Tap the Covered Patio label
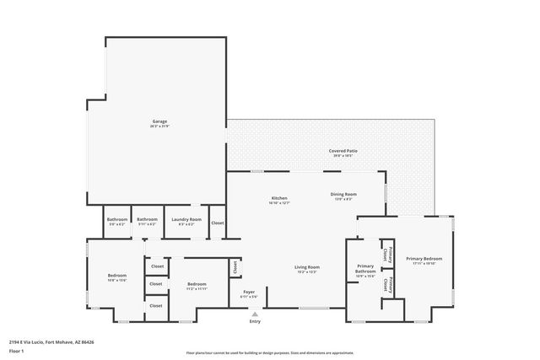click(x=343, y=153)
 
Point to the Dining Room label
click(x=343, y=196)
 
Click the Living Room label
click(x=306, y=269)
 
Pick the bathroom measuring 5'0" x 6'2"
click(x=116, y=222)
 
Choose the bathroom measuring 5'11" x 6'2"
click(x=147, y=222)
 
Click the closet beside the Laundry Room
click(x=217, y=223)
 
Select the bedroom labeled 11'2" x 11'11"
click(x=197, y=286)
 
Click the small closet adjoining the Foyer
click(x=235, y=267)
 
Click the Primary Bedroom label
click(x=424, y=261)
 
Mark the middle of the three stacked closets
click(x=157, y=284)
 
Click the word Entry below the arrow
click(x=255, y=322)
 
